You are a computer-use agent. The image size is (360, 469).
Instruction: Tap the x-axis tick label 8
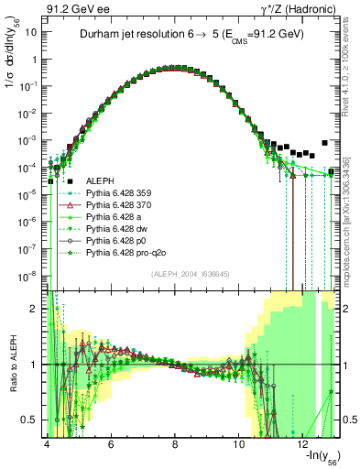coord(175,442)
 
